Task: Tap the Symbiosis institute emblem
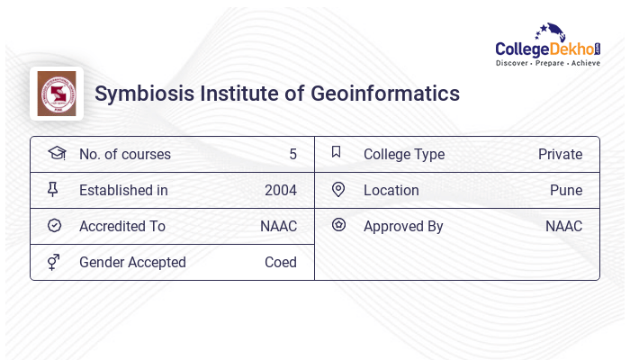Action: [x=56, y=94]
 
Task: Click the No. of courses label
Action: [x=124, y=154]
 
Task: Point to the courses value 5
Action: [x=292, y=154]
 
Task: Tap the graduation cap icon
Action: [x=56, y=153]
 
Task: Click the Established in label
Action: [x=123, y=190]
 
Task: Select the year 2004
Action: [x=280, y=190]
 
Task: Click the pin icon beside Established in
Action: [x=54, y=189]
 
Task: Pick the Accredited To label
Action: [x=122, y=226]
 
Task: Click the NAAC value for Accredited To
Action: [x=278, y=226]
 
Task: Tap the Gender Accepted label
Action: [x=132, y=262]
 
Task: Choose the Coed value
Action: [x=280, y=262]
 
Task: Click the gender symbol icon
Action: [x=54, y=261]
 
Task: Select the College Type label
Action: [x=403, y=154]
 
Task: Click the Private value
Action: [x=560, y=154]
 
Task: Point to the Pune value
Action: [x=565, y=190]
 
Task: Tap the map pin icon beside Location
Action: [x=338, y=189]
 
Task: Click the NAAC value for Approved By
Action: [x=563, y=226]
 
